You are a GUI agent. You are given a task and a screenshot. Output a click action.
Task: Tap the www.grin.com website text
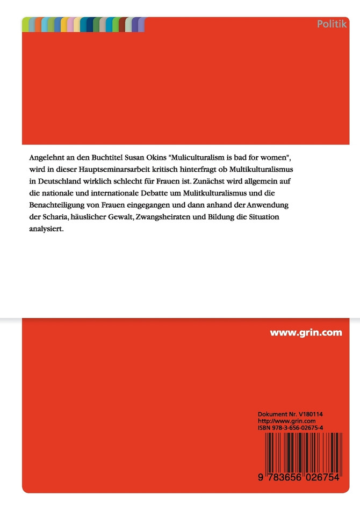point(306,332)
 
